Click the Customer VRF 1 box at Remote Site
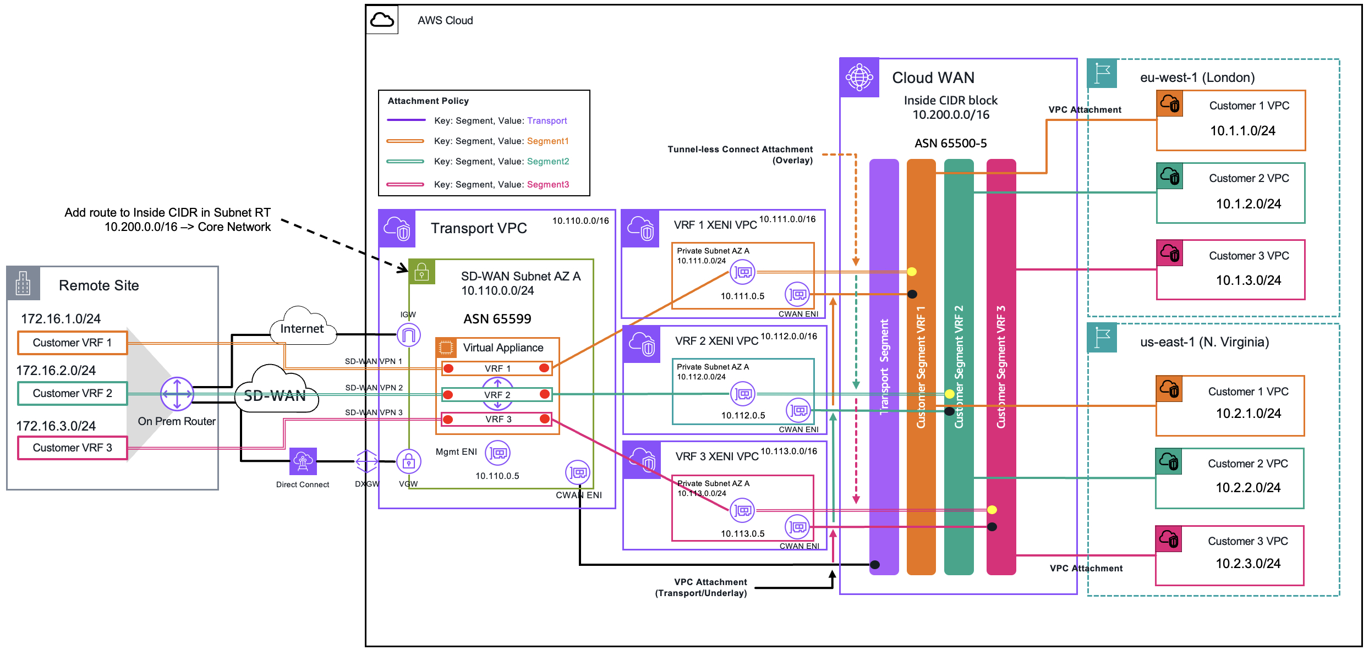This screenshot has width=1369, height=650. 73,343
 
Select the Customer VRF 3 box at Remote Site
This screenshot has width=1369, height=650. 73,448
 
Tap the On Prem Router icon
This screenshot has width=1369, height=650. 177,394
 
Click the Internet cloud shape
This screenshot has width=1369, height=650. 303,326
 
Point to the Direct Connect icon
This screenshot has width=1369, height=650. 303,461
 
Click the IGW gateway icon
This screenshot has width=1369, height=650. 409,334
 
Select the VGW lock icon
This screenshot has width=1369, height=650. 409,461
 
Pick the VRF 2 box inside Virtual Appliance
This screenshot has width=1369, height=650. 497,394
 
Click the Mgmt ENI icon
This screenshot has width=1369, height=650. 498,453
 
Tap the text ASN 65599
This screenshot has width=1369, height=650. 497,319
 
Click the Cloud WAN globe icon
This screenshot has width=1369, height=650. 859,77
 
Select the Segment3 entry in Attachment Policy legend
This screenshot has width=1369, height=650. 548,184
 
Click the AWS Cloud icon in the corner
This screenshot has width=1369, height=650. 382,20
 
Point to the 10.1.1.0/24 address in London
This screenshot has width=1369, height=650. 1242,131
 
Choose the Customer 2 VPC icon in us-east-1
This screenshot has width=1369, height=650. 1169,461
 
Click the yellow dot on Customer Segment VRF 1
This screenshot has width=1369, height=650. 912,271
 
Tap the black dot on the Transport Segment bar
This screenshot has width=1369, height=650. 875,565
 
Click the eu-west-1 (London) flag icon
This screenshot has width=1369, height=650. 1102,73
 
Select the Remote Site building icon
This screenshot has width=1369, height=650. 23,283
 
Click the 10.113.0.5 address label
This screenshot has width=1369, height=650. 743,533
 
